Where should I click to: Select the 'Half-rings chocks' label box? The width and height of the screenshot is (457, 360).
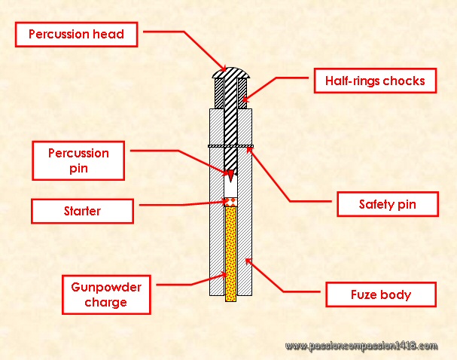tap(375, 81)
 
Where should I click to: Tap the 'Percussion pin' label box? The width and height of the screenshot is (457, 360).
tap(79, 160)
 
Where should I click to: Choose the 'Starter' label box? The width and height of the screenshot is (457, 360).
tap(82, 211)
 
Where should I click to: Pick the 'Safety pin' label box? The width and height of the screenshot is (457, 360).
tap(386, 204)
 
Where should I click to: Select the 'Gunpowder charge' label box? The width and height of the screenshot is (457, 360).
tap(100, 294)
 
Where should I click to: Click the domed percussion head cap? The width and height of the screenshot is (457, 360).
tap(230, 72)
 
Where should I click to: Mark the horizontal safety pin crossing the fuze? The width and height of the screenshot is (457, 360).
tap(230, 146)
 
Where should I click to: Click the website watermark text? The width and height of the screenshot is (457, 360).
tap(361, 346)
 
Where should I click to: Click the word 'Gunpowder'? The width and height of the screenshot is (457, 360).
tap(100, 287)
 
